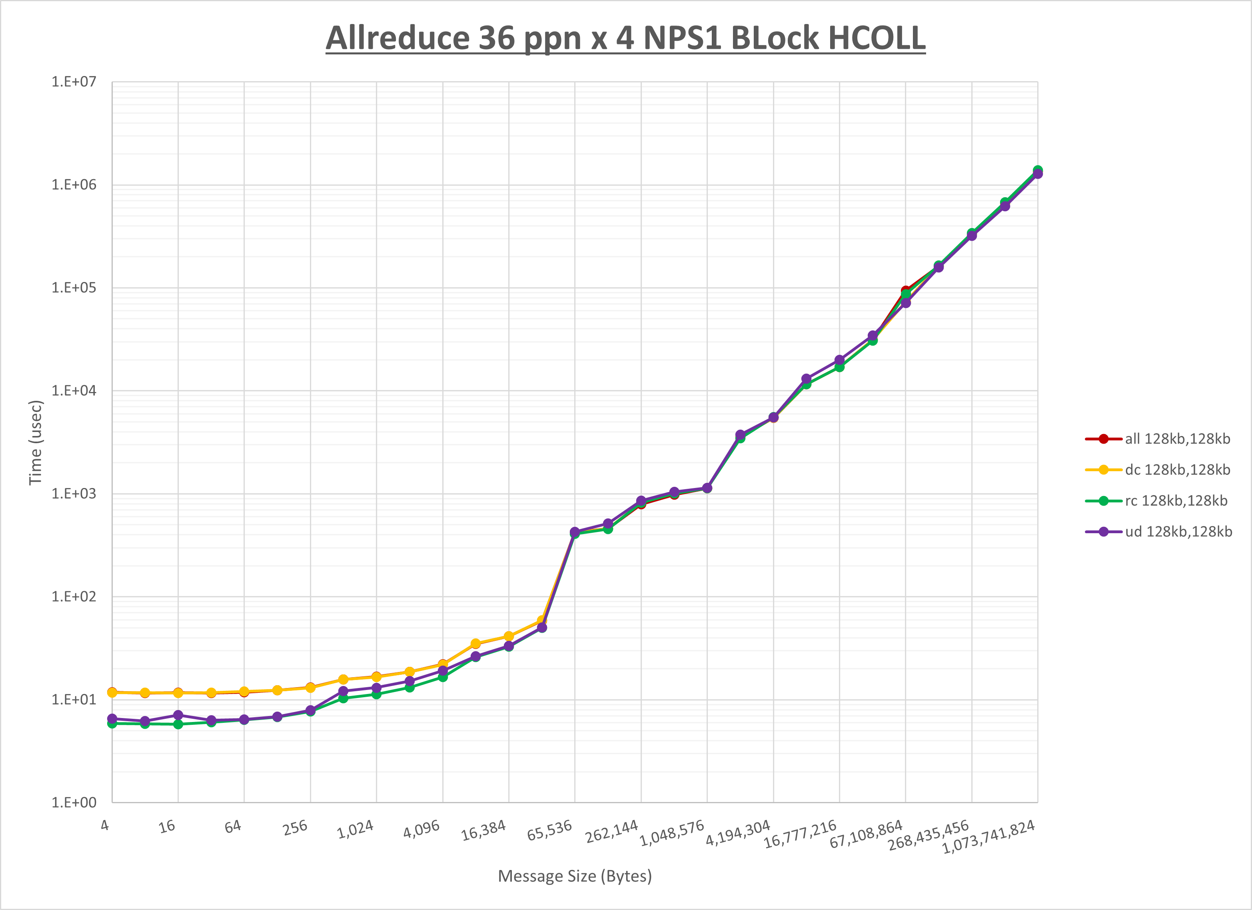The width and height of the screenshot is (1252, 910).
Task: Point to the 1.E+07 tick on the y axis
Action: point(74,82)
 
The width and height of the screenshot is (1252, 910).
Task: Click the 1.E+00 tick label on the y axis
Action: point(74,802)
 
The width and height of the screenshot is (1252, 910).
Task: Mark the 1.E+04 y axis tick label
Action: point(74,390)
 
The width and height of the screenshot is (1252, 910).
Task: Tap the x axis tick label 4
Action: point(105,826)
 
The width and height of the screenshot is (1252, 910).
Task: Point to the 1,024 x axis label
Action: point(355,829)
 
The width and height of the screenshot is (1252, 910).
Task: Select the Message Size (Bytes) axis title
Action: point(575,876)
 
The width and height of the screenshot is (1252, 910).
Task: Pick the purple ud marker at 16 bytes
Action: point(178,715)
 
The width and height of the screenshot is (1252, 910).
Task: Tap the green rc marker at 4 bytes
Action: point(112,723)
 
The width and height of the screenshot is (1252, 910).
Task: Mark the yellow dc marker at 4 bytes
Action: point(112,692)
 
